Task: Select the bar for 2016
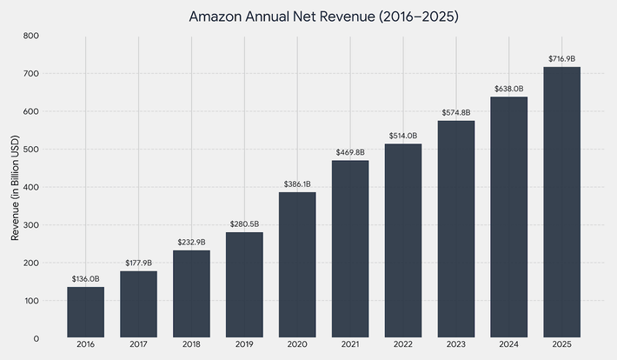pos(85,312)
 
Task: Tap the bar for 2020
pos(297,265)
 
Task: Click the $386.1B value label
pos(297,184)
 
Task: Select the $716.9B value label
pos(561,59)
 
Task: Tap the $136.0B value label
pos(85,279)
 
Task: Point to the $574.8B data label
pos(456,113)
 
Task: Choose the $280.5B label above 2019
pos(244,224)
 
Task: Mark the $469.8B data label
pos(350,153)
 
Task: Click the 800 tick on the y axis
pos(30,36)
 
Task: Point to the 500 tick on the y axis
pos(30,150)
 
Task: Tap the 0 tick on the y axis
pos(36,338)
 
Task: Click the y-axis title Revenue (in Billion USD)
pos(15,187)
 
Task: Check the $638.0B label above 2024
pos(508,89)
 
